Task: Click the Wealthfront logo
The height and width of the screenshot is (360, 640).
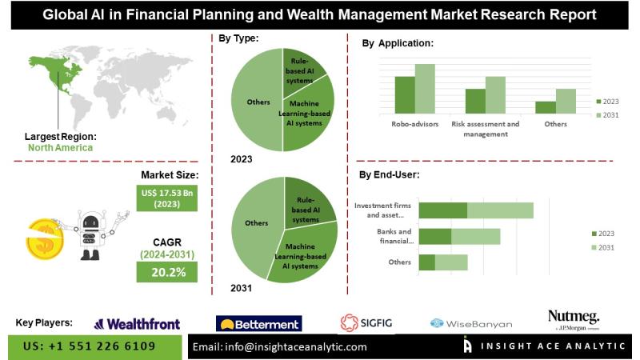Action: coord(137,324)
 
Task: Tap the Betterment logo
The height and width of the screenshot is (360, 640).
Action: coord(258,324)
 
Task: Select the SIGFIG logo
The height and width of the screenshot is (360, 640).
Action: coord(366,323)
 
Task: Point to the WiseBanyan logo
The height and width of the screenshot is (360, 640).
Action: coord(471,324)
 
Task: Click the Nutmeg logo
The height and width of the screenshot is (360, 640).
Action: coord(574,319)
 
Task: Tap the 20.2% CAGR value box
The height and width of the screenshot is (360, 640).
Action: coord(167,272)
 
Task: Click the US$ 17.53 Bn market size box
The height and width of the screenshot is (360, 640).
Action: coord(167,198)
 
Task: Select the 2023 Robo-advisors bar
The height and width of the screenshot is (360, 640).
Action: coord(405,95)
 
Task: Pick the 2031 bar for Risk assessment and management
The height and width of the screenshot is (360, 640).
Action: coord(495,95)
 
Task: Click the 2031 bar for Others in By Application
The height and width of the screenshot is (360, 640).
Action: coord(566,102)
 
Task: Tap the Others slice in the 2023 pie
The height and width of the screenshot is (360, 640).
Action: coord(257,100)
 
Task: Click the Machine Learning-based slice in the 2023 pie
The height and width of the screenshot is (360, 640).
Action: coord(308,116)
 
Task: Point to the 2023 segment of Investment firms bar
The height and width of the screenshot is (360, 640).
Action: coord(443,210)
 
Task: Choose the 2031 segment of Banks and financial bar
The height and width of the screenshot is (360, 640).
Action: coord(475,237)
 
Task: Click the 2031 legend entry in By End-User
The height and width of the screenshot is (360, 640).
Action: coord(603,247)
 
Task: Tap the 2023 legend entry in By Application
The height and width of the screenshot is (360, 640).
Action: coord(607,102)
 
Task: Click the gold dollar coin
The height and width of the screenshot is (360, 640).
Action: coord(45,239)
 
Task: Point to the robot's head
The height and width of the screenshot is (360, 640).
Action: coord(90,221)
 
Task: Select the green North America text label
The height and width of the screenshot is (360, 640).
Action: coord(61,148)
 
